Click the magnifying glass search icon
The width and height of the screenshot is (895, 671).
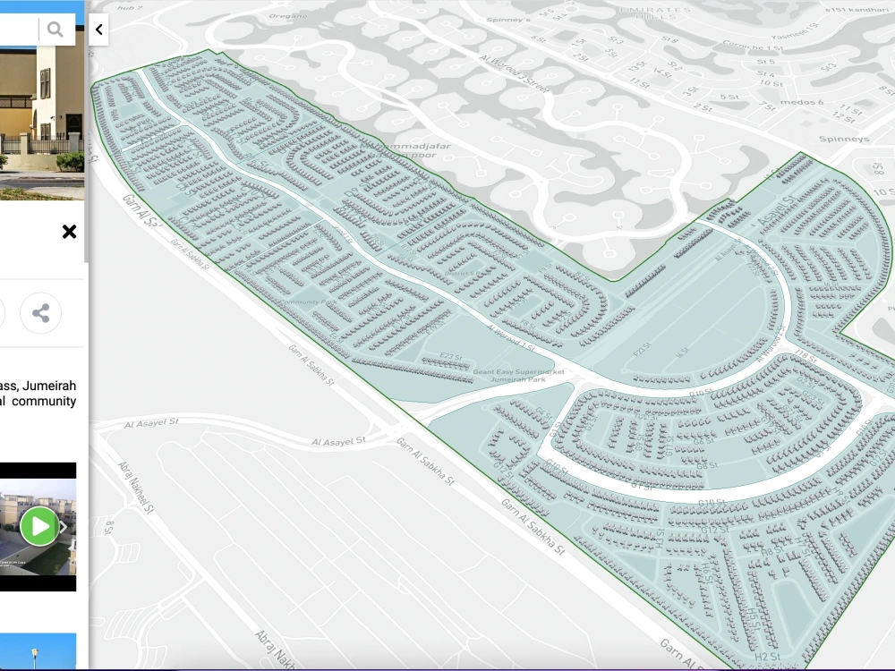55,30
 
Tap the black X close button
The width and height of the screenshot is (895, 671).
69,232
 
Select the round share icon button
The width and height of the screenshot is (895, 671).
40,313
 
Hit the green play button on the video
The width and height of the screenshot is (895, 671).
39,526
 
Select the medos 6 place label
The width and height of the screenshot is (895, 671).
802,102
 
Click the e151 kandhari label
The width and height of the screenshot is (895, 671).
860,9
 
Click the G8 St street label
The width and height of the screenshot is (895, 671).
707,465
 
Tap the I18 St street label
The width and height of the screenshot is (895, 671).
805,358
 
